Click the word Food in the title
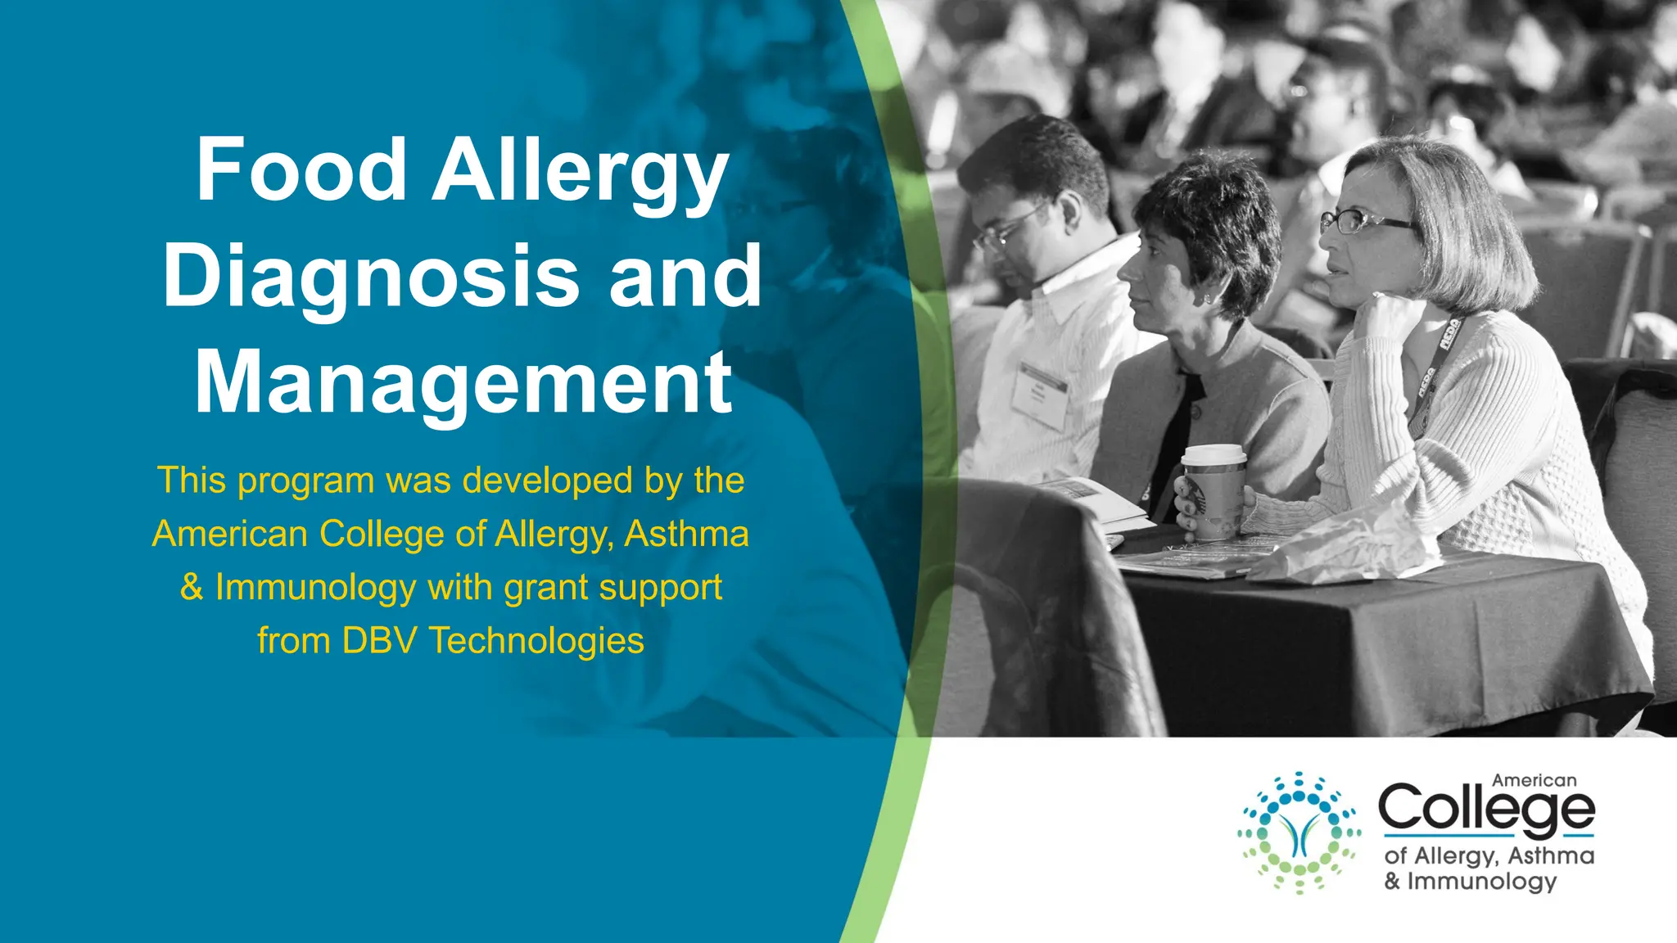coord(301,169)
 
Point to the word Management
coord(463,383)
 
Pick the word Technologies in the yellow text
coord(537,641)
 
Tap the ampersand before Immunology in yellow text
coord(192,587)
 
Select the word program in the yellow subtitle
coord(306,481)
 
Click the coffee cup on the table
coord(1214,491)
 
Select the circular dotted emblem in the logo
coord(1300,832)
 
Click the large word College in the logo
coord(1487,809)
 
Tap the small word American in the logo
coord(1534,780)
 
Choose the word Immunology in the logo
coord(1481,882)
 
